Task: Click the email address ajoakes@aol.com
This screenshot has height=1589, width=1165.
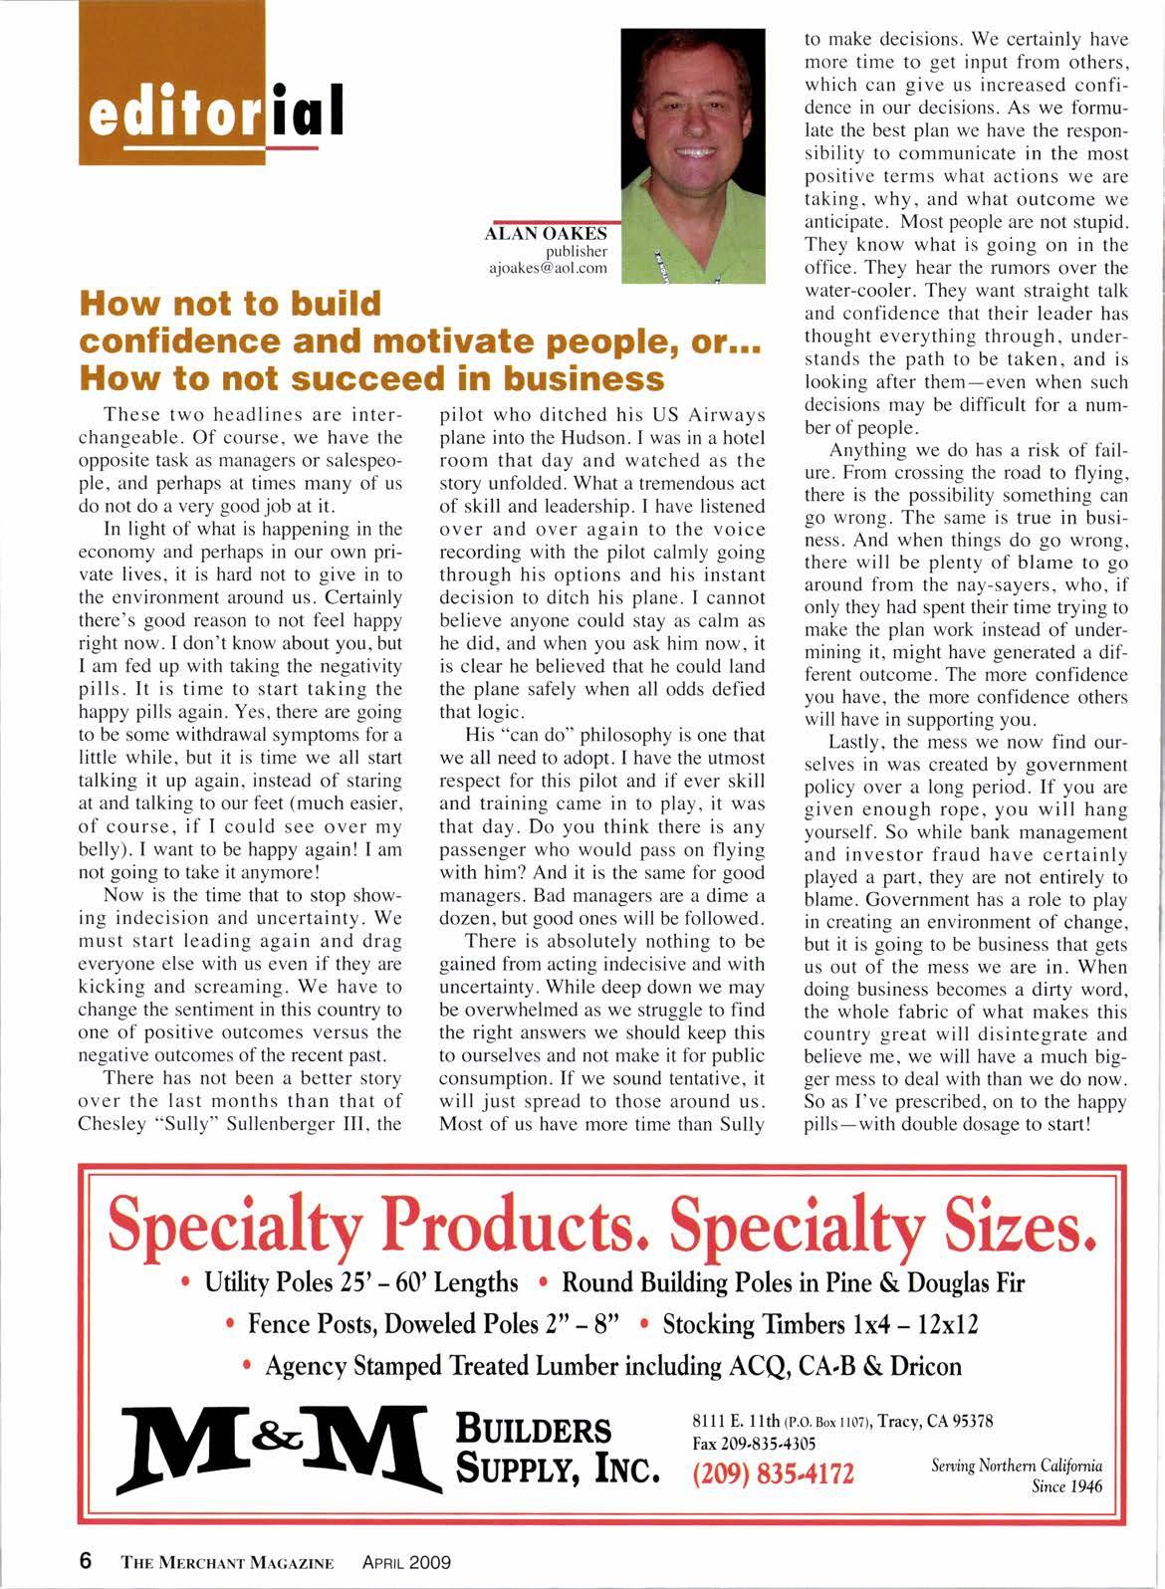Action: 552,269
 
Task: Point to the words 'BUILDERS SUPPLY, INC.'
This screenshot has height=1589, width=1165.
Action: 556,1449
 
